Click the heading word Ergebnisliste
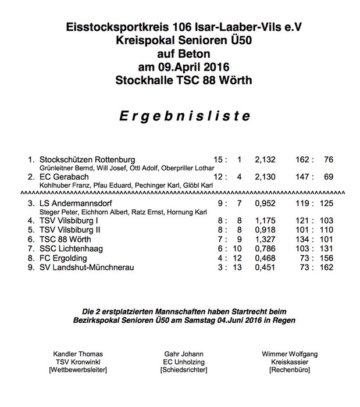pos(180,116)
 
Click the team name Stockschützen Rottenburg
pos(87,159)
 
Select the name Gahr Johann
pos(180,353)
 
